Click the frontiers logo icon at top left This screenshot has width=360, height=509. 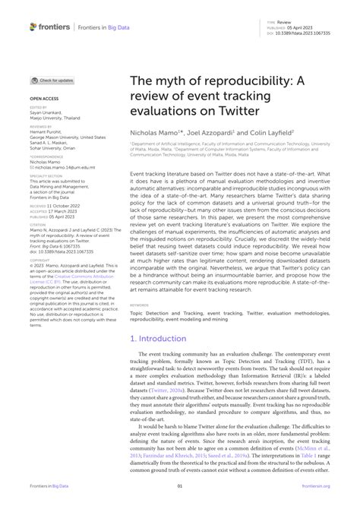(33, 27)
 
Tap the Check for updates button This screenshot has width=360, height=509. (52, 80)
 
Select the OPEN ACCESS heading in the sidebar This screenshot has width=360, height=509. (45, 99)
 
